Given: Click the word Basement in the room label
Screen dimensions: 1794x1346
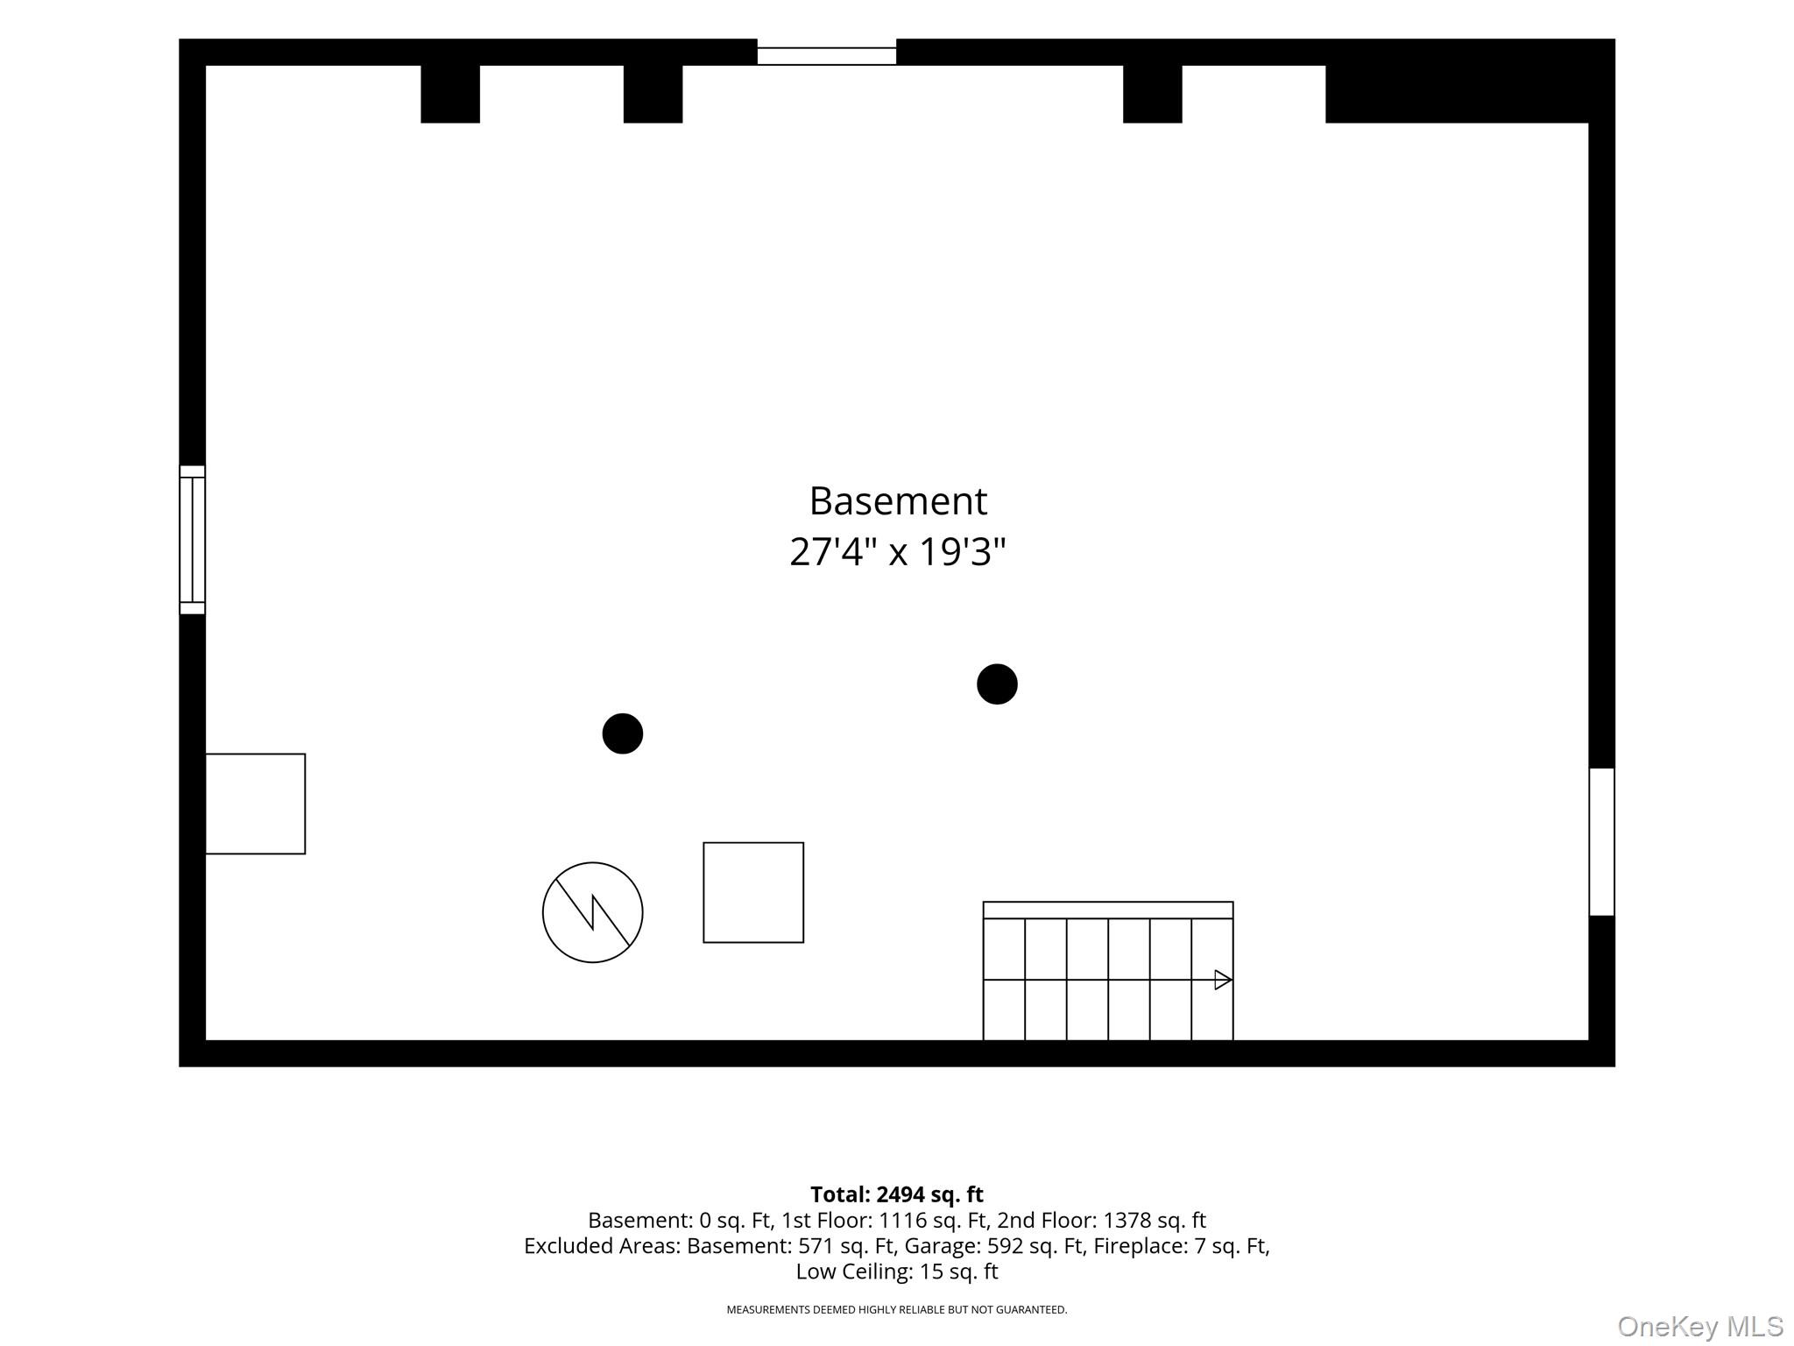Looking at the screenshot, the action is [898, 501].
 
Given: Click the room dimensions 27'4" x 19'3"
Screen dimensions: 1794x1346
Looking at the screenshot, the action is [898, 552].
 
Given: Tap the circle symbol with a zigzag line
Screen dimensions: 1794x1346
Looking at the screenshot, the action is [593, 912].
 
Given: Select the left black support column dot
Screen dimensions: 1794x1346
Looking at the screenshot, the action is [623, 733].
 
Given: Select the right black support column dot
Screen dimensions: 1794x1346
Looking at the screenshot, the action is [997, 684].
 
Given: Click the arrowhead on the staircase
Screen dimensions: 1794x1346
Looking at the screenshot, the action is [1224, 980].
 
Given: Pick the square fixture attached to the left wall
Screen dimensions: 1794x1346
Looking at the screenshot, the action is [256, 804].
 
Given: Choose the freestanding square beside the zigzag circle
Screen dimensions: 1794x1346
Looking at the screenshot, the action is [753, 893].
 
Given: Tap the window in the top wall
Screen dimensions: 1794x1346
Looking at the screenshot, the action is [827, 56].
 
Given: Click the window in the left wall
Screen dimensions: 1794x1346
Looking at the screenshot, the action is [193, 540].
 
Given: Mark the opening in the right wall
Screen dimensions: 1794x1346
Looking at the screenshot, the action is [1602, 842].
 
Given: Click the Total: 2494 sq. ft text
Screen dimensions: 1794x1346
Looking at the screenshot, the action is [897, 1194].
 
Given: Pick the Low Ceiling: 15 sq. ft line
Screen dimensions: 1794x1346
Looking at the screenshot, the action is [897, 1272].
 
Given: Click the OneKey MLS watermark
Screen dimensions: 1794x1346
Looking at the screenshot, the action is [1700, 1327].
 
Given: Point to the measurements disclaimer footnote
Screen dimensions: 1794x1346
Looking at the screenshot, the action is [897, 1310].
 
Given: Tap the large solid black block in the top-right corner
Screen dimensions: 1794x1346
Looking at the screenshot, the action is [1470, 81].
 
